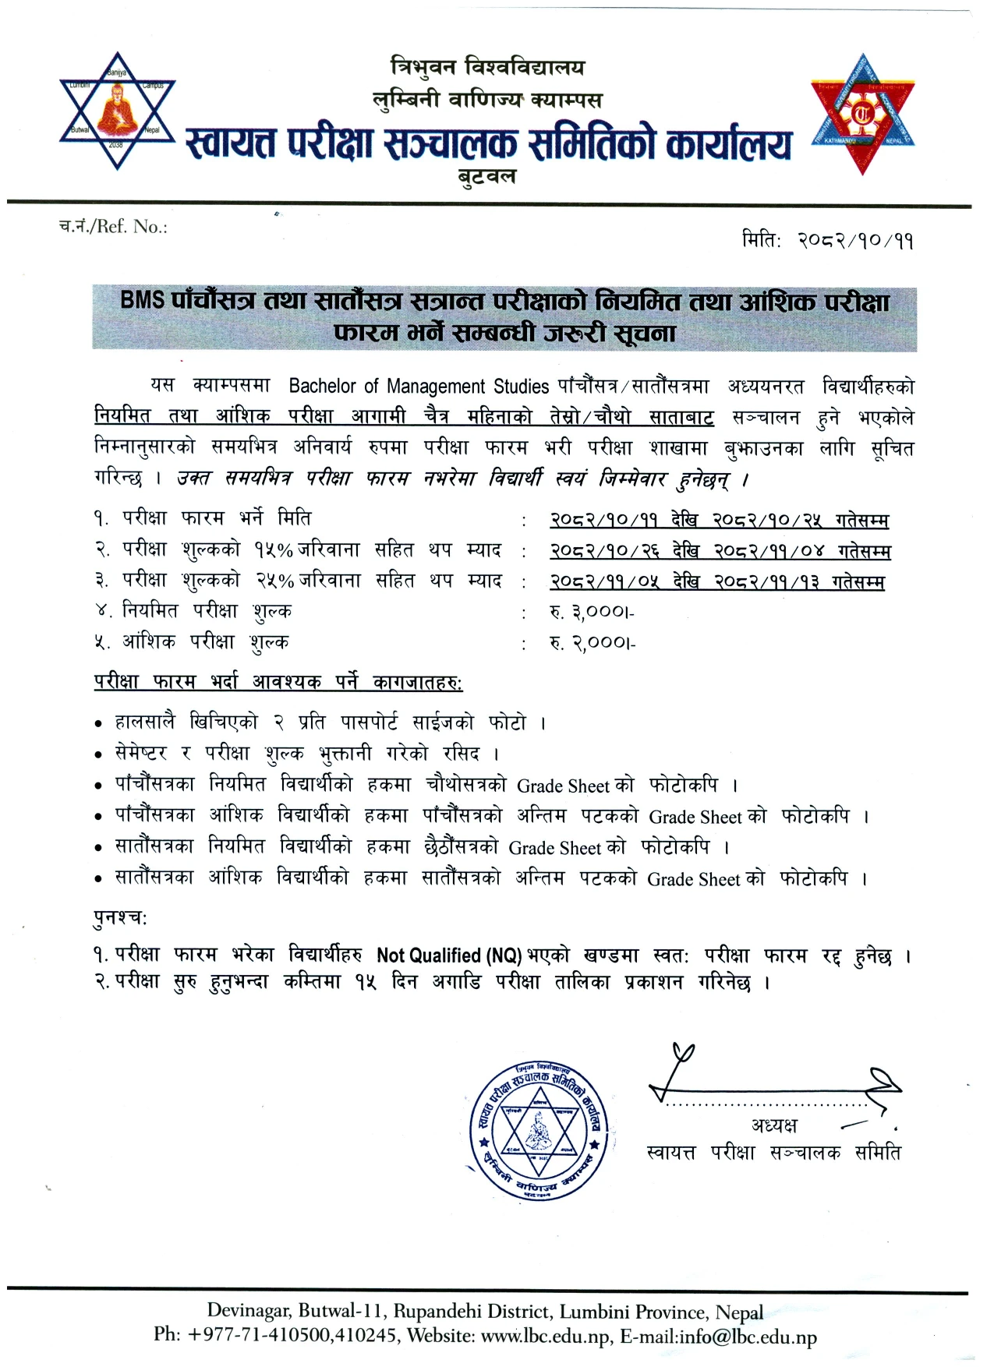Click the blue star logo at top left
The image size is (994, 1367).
[118, 111]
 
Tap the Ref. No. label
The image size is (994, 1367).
[114, 227]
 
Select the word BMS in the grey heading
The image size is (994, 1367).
[143, 300]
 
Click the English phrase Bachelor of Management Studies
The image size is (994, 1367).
[419, 386]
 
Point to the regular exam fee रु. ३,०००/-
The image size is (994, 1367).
[592, 612]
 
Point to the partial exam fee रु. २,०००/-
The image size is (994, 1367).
[593, 643]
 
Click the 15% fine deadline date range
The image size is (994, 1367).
[720, 551]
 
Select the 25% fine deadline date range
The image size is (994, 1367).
[716, 581]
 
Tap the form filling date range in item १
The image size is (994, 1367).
[718, 520]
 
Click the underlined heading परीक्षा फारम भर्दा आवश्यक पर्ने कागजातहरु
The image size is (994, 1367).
[278, 682]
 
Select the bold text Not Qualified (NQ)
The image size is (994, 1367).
[449, 955]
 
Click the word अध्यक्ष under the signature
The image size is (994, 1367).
[774, 1125]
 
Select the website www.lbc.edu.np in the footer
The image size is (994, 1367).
[545, 1337]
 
